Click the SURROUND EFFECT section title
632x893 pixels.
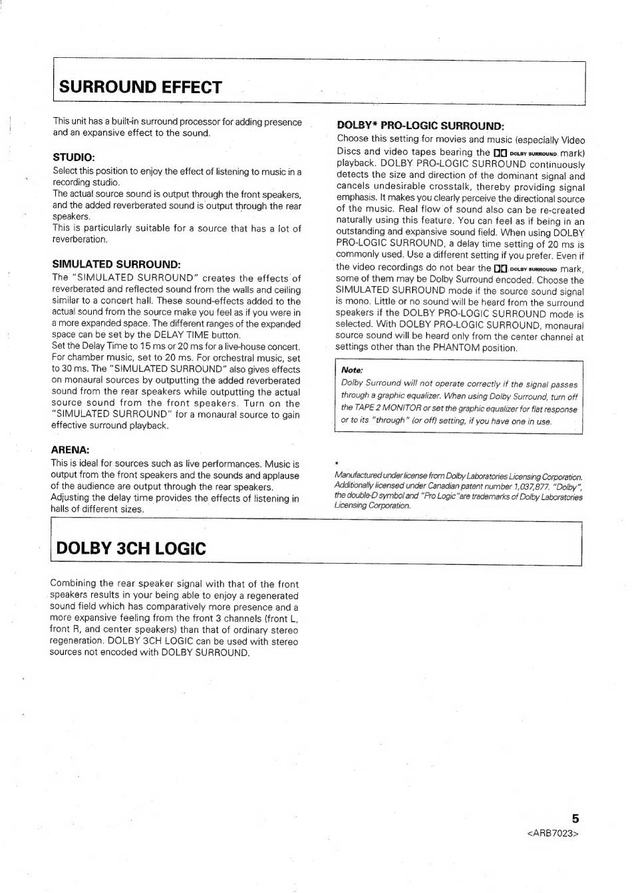pyautogui.click(x=140, y=87)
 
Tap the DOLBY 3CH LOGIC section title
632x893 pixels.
pyautogui.click(x=132, y=548)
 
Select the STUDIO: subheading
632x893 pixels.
pyautogui.click(x=74, y=157)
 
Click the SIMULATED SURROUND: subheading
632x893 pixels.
pyautogui.click(x=116, y=264)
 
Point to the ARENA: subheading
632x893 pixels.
pyautogui.click(x=70, y=449)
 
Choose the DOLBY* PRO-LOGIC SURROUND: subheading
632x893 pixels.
pyautogui.click(x=420, y=125)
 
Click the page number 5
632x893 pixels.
pyautogui.click(x=575, y=819)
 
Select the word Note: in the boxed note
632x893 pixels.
pyautogui.click(x=351, y=370)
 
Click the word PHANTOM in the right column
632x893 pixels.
pyautogui.click(x=456, y=348)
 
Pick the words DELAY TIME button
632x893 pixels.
pyautogui.click(x=196, y=335)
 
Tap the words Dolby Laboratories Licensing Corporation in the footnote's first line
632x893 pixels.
pyautogui.click(x=506, y=476)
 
